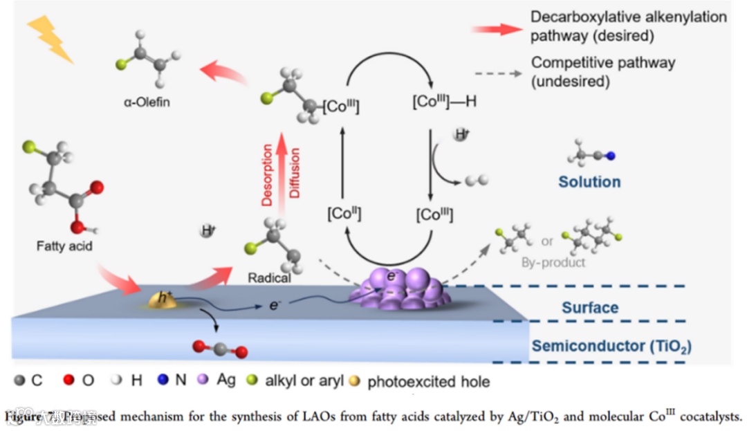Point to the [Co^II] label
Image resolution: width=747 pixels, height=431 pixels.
[344, 214]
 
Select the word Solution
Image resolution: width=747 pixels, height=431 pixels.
[589, 182]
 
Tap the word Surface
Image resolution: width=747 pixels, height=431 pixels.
[590, 307]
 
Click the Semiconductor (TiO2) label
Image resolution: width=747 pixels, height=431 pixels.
[611, 346]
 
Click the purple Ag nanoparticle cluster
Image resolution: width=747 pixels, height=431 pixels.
[400, 288]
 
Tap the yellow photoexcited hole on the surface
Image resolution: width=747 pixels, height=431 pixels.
[162, 299]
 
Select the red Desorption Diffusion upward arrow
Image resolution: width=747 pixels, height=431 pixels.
[282, 173]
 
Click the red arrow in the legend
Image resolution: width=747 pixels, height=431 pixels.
[496, 28]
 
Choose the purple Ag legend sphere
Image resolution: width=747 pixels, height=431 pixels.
[203, 380]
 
